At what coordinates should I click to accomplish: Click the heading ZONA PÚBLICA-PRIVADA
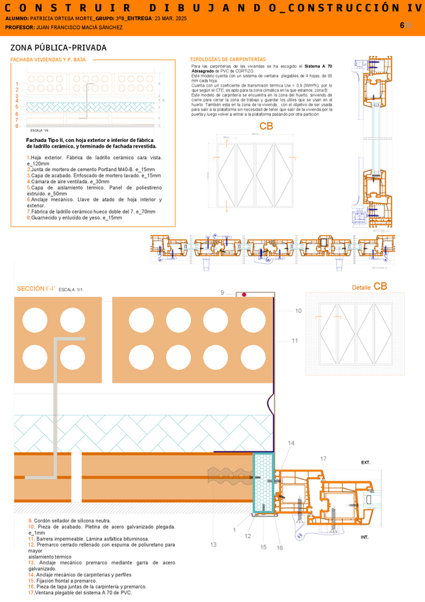[59, 48]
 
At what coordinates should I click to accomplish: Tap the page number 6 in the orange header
[402, 25]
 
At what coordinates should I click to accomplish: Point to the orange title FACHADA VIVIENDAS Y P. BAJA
[48, 60]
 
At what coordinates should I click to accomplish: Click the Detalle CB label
[369, 286]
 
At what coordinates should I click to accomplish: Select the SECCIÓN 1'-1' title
[35, 289]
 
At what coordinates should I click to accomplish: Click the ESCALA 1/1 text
[71, 290]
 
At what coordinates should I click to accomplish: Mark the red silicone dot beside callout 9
[243, 294]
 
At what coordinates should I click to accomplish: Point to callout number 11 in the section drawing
[294, 341]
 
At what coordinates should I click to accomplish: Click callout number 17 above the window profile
[323, 459]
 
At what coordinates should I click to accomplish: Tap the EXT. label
[365, 462]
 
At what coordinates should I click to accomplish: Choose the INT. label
[365, 537]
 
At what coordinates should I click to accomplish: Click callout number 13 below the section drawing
[213, 544]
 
